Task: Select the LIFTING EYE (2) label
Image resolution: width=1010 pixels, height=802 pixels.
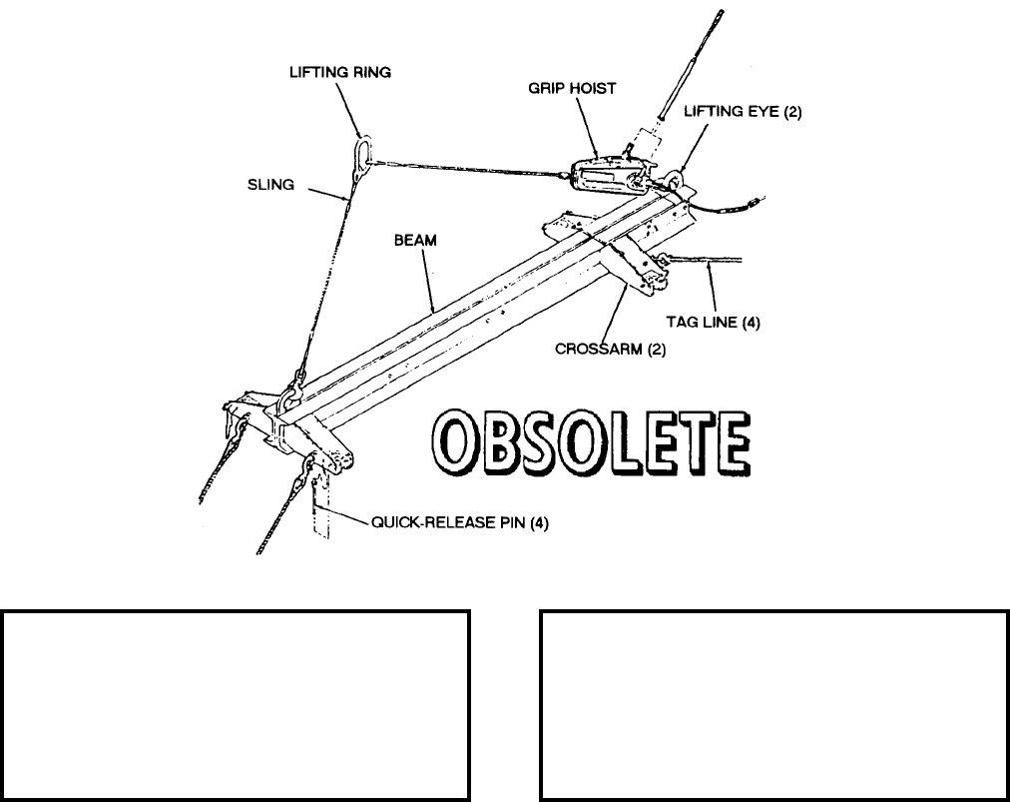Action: pyautogui.click(x=743, y=114)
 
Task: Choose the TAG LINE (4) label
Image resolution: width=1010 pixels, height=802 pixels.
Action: pyautogui.click(x=713, y=322)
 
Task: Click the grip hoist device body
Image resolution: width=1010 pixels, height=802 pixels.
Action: pyautogui.click(x=605, y=174)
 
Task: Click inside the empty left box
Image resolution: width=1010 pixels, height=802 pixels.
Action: pyautogui.click(x=237, y=705)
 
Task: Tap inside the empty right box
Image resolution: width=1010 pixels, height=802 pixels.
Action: pyautogui.click(x=773, y=705)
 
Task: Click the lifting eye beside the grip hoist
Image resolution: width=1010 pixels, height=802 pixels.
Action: pyautogui.click(x=676, y=181)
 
